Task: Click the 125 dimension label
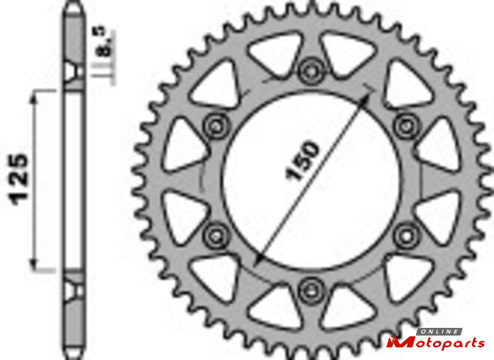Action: pos(20,179)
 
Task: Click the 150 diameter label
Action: pos(302,161)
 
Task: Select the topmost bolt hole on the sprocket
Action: pos(311,71)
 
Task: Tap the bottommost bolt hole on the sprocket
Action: pos(311,290)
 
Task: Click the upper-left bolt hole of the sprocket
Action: pos(216,127)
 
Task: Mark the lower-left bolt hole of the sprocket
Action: pos(216,235)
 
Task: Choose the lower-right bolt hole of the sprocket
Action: pos(406,235)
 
